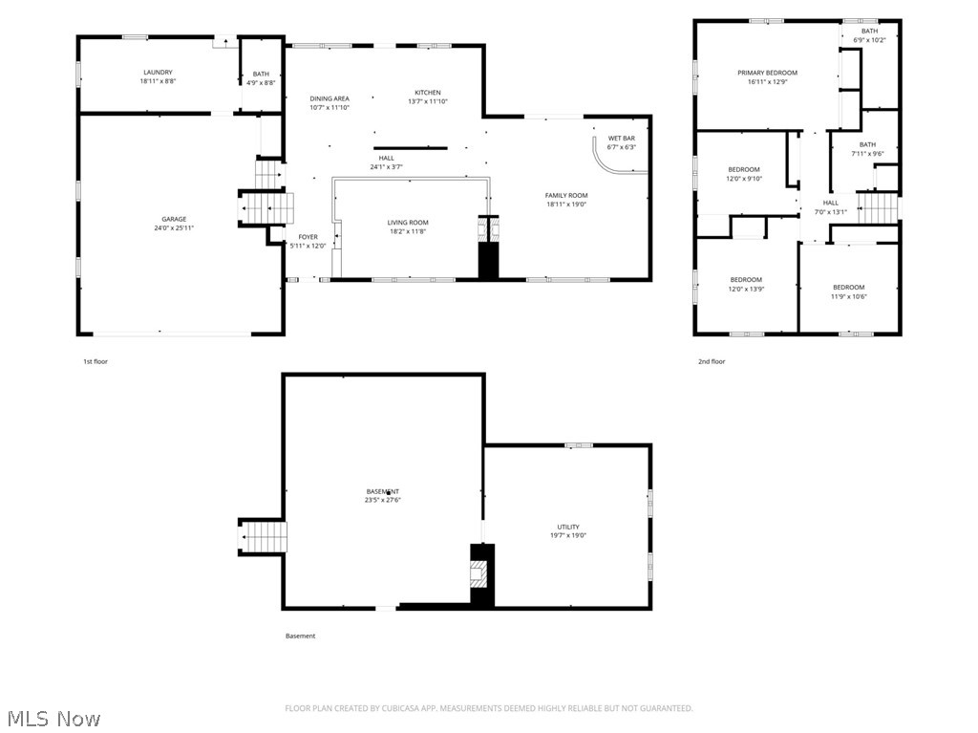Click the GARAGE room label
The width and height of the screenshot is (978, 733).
click(174, 219)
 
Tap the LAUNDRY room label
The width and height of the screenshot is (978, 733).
click(158, 73)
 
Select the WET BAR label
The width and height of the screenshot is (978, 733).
click(622, 138)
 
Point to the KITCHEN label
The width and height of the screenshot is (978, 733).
click(427, 93)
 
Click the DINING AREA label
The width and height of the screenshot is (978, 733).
click(330, 98)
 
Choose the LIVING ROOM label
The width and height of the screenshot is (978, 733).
click(407, 222)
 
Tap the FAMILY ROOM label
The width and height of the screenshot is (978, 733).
click(565, 195)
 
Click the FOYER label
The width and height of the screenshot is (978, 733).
click(308, 236)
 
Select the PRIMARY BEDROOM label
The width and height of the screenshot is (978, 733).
click(767, 73)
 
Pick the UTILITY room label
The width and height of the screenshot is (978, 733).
click(568, 527)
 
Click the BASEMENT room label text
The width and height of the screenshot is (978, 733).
click(382, 491)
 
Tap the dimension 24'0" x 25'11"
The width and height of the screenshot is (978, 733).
click(174, 228)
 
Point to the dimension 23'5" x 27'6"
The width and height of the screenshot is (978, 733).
click(382, 500)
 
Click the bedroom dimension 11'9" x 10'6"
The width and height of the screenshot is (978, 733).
click(848, 296)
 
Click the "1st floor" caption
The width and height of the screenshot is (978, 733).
click(96, 361)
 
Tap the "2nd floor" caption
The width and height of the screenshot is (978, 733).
click(712, 361)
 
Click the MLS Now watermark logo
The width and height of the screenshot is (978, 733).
click(53, 718)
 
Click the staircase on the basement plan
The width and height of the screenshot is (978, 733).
click(263, 537)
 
